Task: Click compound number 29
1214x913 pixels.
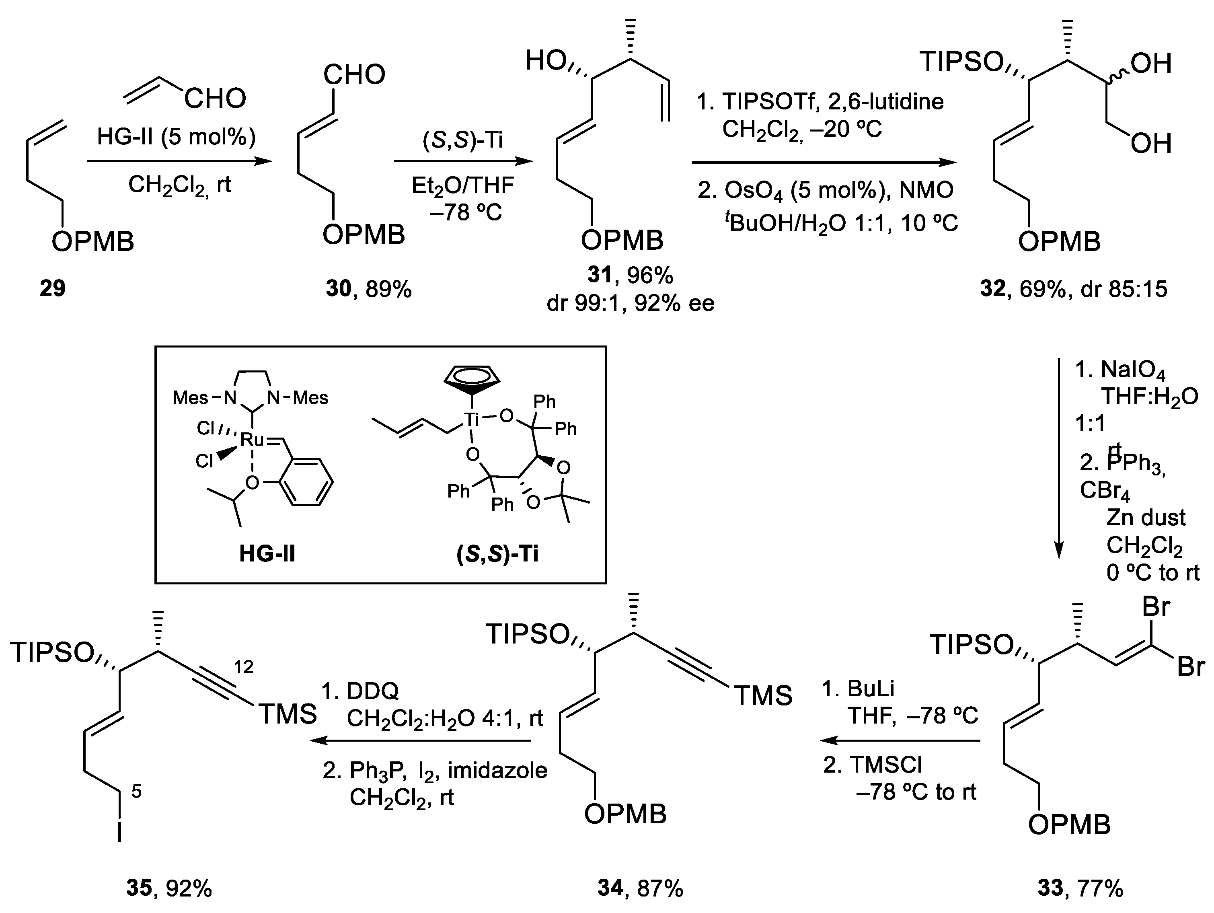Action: pos(52,288)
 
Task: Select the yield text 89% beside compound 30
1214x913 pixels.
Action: pos(388,289)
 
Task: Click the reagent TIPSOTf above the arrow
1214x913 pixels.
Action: pos(772,102)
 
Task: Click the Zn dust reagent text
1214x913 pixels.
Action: pos(1146,517)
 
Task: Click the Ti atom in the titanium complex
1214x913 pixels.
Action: pos(471,420)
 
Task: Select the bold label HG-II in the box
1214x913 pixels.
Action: pos(267,554)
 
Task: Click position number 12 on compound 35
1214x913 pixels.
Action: pos(244,667)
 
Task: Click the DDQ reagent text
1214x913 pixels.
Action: pos(372,692)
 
